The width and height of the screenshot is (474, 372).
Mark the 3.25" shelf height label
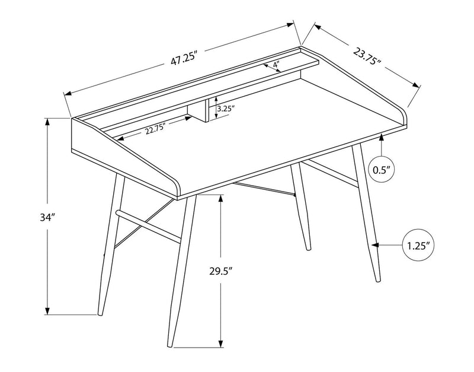226,109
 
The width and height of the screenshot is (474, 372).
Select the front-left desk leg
176,273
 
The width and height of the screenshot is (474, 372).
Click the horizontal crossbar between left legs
148,224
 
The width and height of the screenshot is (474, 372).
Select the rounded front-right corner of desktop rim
404,115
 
